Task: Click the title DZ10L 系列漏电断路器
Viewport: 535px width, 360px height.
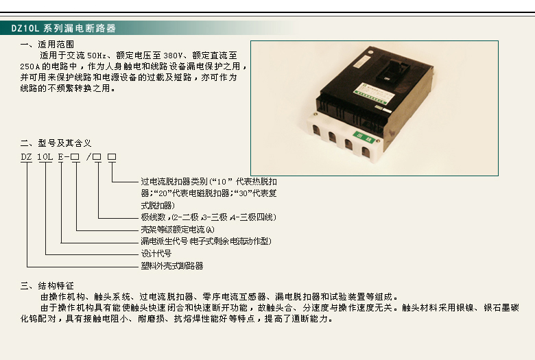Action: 64,28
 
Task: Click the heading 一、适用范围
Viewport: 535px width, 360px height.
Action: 47,45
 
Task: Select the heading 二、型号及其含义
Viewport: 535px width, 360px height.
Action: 56,143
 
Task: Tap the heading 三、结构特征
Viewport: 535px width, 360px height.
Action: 47,286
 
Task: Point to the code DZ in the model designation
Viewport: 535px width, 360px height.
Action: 26,157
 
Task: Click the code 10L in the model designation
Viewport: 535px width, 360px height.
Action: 45,157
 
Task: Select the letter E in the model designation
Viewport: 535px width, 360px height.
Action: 61,157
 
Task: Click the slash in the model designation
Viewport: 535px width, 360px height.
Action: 88,157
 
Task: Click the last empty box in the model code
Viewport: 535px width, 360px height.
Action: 112,157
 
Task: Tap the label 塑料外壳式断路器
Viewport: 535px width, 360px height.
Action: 172,265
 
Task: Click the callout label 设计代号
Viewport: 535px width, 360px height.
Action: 156,254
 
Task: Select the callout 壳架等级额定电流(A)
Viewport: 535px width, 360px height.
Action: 178,230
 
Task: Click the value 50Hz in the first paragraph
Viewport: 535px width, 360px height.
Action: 97,56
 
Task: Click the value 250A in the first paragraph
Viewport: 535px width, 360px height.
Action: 30,67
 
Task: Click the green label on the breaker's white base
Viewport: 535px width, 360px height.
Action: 364,137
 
